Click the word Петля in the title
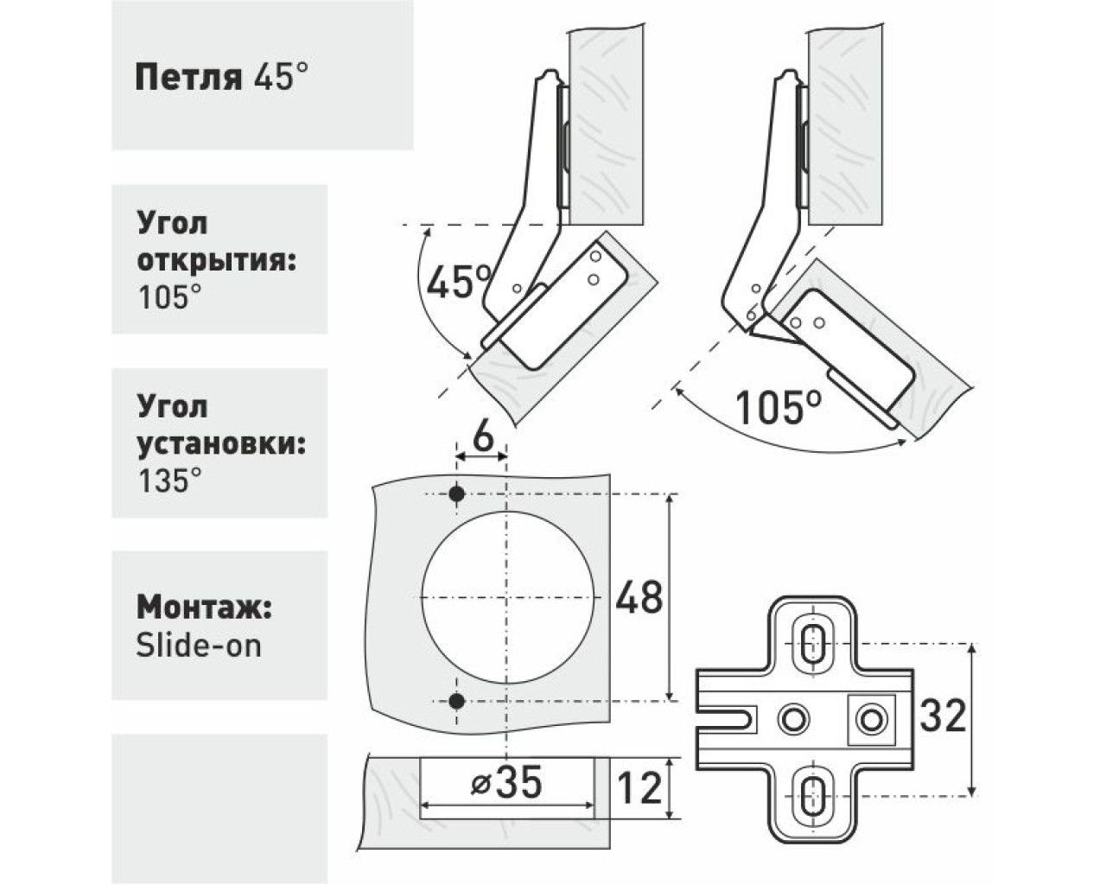188,79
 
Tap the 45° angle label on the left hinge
460,282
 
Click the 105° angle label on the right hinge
779,407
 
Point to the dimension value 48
639,597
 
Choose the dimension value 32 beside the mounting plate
943,716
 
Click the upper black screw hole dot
457,494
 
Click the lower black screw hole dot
457,701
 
